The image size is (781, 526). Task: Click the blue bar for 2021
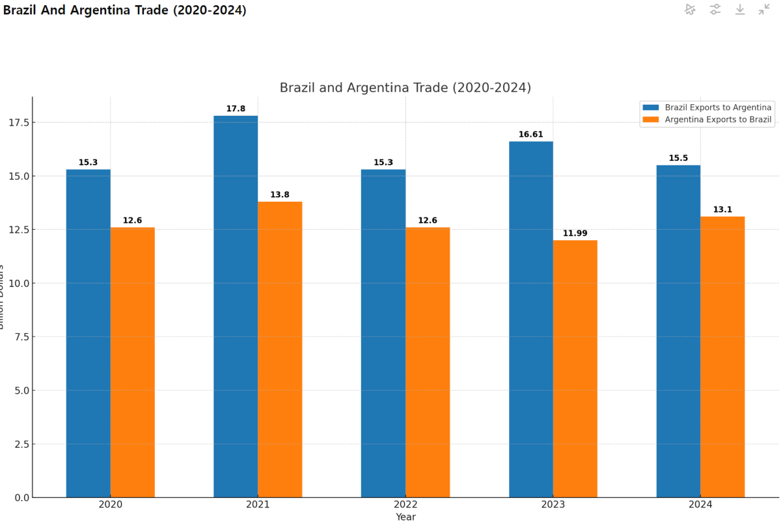tap(236, 306)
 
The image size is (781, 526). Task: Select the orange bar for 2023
tap(575, 368)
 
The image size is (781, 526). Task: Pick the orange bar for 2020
tap(133, 362)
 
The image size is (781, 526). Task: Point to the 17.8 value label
tap(236, 109)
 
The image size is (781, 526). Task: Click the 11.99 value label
tap(575, 233)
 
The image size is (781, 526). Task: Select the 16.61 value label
tap(531, 135)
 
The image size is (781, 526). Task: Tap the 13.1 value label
tap(722, 210)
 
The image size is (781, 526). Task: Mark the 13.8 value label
tap(280, 195)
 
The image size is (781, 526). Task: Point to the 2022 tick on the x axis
tap(405, 505)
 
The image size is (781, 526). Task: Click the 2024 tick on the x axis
tap(700, 505)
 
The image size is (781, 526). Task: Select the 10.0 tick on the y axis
tap(19, 283)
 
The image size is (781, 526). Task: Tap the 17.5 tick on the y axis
tap(19, 123)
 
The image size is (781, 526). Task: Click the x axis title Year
tap(405, 517)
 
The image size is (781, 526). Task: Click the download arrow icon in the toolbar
tap(740, 9)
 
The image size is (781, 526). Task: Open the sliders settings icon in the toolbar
tap(715, 9)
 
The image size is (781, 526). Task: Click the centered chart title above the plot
tap(405, 87)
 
